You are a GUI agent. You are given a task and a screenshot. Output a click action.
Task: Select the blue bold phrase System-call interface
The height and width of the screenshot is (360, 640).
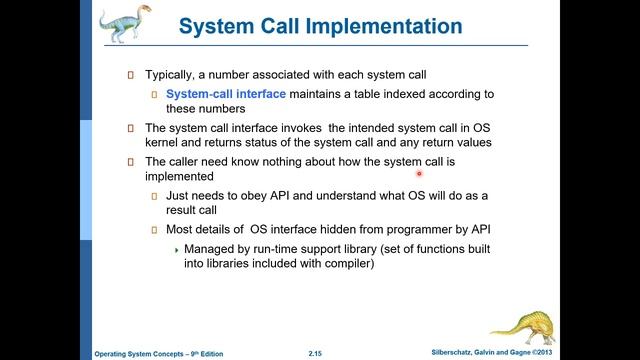coord(226,94)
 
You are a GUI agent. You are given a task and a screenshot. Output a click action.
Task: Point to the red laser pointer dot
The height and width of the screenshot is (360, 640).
coord(421,171)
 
